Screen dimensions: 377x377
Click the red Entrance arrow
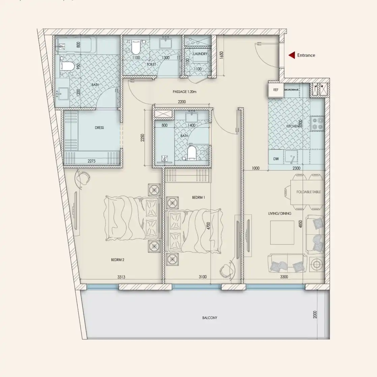point(291,55)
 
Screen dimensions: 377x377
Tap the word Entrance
point(306,55)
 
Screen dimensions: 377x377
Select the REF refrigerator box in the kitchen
point(276,90)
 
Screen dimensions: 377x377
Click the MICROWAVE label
point(291,90)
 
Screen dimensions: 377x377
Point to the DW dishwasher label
point(276,159)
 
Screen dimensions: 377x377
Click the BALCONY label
point(210,318)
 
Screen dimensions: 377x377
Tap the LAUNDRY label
point(200,54)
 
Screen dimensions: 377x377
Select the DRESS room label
point(99,128)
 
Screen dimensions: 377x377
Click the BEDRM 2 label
point(118,260)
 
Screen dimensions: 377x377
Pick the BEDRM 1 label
point(199,197)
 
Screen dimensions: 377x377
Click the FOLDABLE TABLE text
point(309,192)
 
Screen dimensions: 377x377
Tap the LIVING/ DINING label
point(280,213)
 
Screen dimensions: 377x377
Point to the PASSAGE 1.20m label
point(184,92)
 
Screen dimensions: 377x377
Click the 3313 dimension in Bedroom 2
point(121,277)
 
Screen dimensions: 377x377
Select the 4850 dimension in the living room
point(300,225)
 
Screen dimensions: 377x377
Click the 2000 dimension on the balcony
point(315,314)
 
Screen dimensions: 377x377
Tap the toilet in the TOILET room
point(136,48)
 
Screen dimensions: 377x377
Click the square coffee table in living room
point(282,233)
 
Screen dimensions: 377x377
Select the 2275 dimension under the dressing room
point(91,161)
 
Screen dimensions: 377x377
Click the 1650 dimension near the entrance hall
point(222,55)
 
